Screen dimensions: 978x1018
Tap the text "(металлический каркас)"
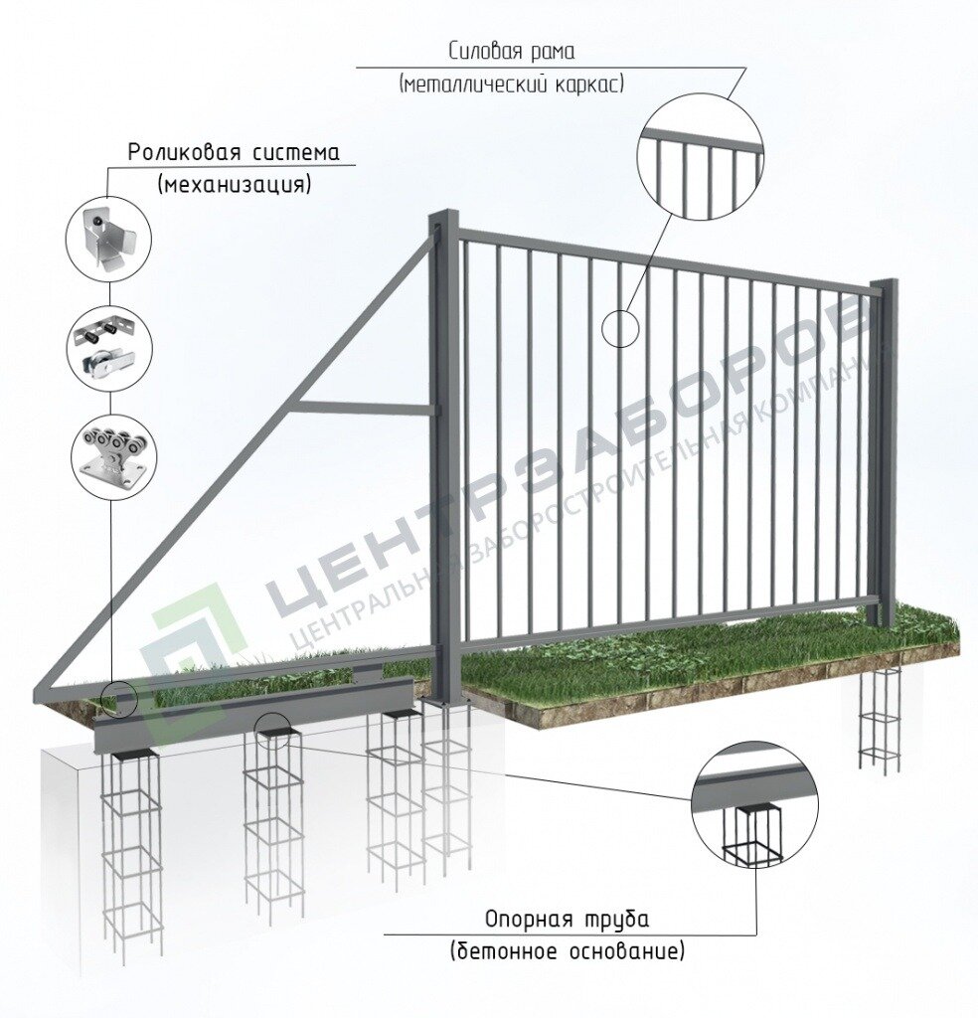(512, 85)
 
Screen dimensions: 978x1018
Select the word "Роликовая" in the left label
(178, 153)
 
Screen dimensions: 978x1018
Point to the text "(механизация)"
(234, 184)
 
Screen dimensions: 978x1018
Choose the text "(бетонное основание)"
(567, 951)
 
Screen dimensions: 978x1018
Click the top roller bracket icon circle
(108, 239)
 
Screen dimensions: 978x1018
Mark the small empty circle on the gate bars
(620, 327)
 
